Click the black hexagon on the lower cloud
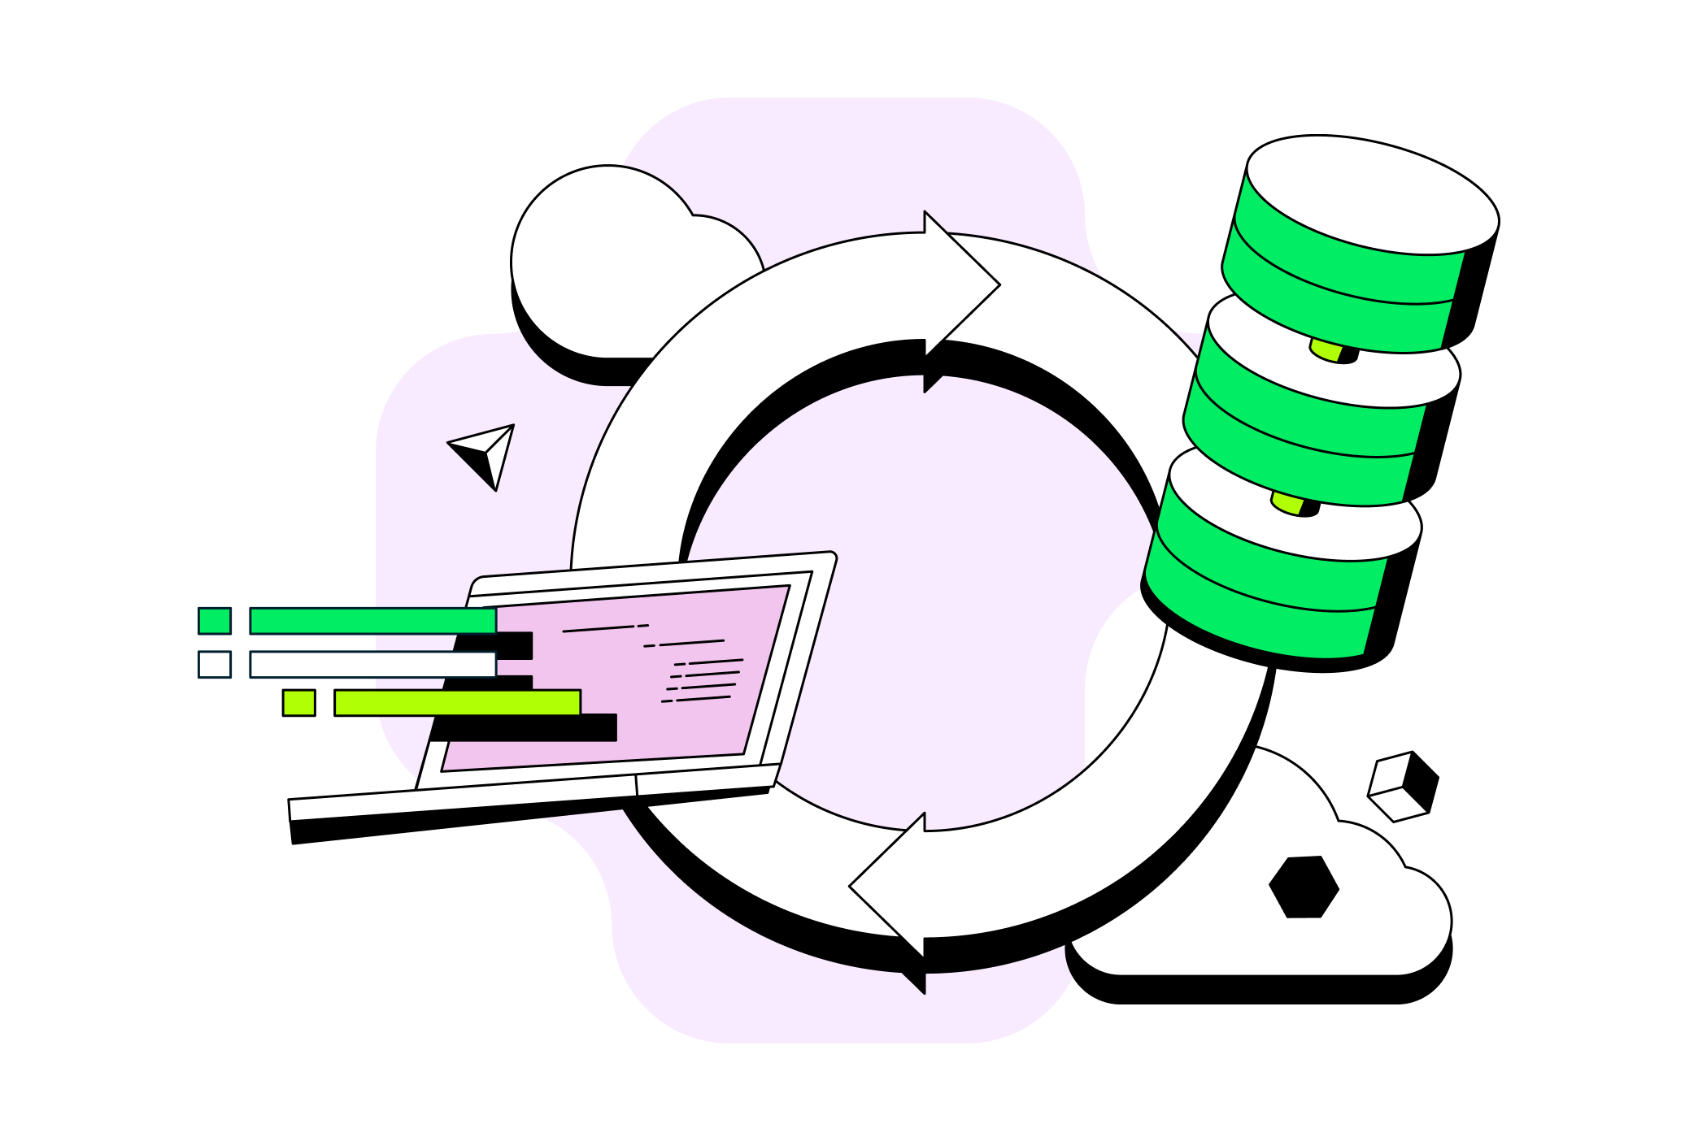pyautogui.click(x=1304, y=887)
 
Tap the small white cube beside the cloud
pyautogui.click(x=1403, y=786)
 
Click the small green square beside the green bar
pyautogui.click(x=215, y=621)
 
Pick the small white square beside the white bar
pyautogui.click(x=215, y=665)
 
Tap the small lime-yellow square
pyautogui.click(x=298, y=703)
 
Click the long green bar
pyautogui.click(x=372, y=621)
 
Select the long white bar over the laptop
pyautogui.click(x=372, y=665)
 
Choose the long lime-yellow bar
pyautogui.click(x=457, y=703)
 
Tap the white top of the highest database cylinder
pyautogui.click(x=1373, y=193)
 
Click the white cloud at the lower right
pyautogui.click(x=1269, y=935)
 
